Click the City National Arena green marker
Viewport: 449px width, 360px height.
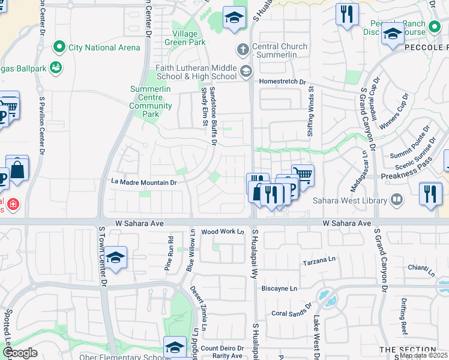click(x=59, y=46)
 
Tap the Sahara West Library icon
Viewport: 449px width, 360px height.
click(x=396, y=199)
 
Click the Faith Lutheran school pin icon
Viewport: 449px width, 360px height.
click(x=245, y=72)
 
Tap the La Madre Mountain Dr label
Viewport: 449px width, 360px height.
click(x=144, y=182)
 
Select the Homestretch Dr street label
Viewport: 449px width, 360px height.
click(x=282, y=82)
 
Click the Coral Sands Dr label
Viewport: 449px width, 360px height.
click(x=291, y=313)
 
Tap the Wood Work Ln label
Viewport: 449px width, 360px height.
click(x=223, y=232)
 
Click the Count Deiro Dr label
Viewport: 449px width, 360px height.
click(x=222, y=348)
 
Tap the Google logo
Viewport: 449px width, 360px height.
click(x=19, y=353)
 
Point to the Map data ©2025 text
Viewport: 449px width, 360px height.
click(x=423, y=355)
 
